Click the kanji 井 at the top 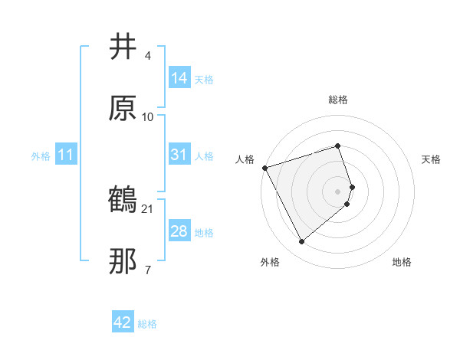123,47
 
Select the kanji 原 123,108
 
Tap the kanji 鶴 123,201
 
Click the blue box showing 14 179,77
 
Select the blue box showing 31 179,155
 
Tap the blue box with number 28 179,231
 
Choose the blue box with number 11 67,155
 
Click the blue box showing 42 123,322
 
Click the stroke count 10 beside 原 148,117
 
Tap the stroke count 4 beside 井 147,56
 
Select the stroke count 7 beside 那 147,270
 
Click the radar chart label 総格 338,100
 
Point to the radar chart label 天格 432,159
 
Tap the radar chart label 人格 245,159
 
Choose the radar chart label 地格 402,262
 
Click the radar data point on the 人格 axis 264,168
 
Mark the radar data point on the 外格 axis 302,242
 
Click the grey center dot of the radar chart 338,191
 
